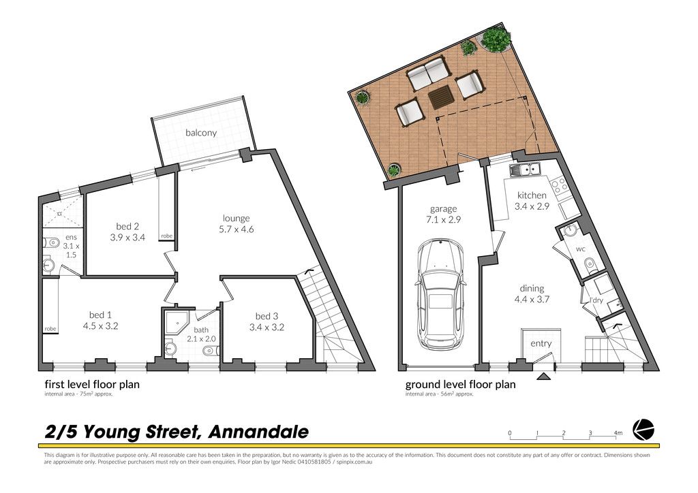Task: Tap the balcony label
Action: (201, 133)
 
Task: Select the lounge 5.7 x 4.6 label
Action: (237, 223)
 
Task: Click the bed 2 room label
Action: (127, 232)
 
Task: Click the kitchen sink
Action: (526, 170)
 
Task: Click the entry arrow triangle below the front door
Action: (543, 377)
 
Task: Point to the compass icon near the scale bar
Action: (643, 430)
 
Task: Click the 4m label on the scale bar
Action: (618, 432)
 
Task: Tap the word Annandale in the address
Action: (259, 432)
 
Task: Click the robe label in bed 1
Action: (50, 329)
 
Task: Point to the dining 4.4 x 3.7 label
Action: (532, 294)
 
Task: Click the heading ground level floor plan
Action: (460, 385)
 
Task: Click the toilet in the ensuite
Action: (52, 242)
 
